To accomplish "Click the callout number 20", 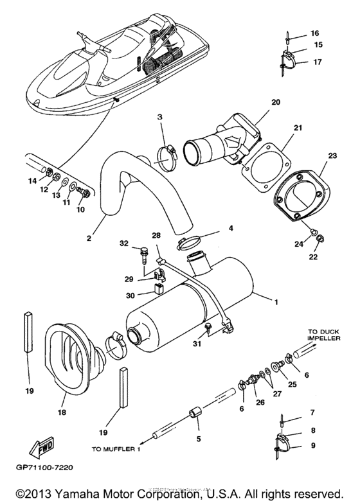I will [x=276, y=102].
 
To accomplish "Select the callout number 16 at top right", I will [x=314, y=33].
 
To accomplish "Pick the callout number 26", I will [x=261, y=403].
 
